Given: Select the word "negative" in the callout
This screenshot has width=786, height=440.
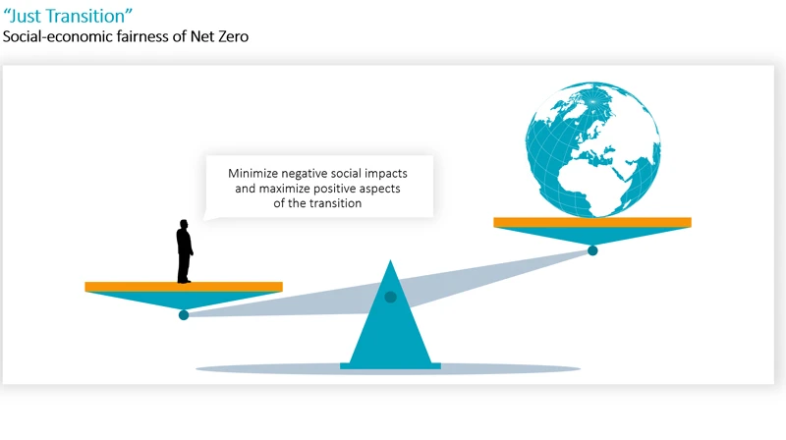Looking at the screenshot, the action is click(x=312, y=172).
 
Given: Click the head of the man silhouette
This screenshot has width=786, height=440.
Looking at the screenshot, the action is click(x=184, y=223).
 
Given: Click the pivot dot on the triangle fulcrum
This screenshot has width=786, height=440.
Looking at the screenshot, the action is click(x=390, y=297).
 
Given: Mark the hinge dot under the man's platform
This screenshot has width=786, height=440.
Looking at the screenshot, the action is click(x=184, y=314).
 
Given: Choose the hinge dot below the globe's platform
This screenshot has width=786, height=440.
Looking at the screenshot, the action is click(x=592, y=250).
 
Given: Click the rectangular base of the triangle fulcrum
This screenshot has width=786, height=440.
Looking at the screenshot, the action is click(x=390, y=366).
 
